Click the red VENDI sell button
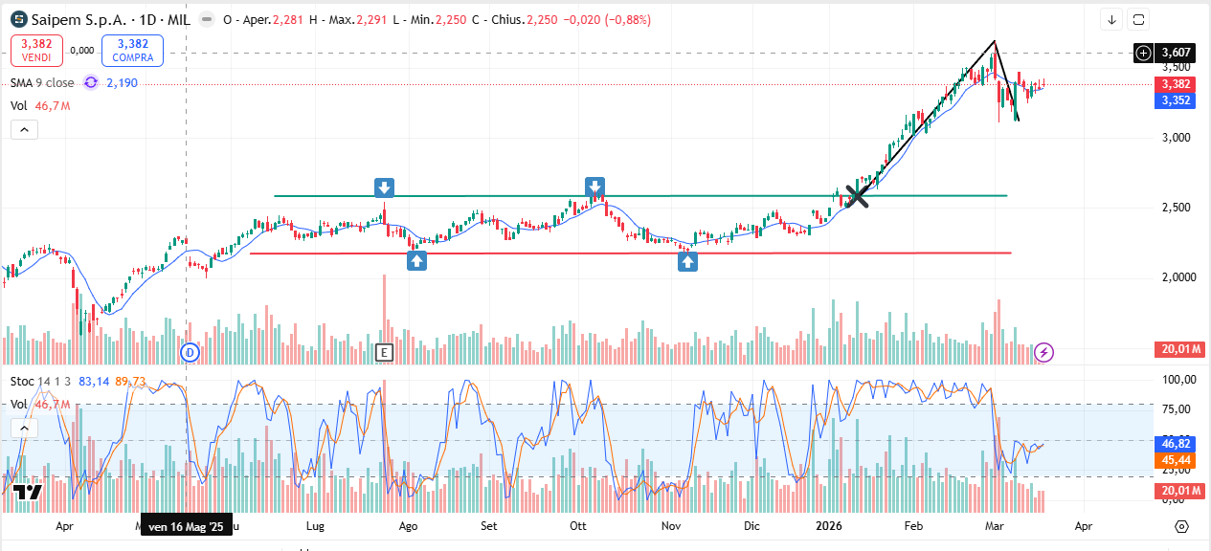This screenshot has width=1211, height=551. click(x=36, y=50)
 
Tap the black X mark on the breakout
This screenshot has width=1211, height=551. click(x=857, y=196)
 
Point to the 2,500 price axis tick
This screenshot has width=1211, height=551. click(x=1175, y=208)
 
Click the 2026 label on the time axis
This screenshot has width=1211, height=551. click(x=828, y=526)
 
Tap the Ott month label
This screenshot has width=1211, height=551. click(x=577, y=526)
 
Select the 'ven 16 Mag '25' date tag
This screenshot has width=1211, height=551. click(x=187, y=526)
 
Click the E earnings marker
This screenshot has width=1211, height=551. click(x=384, y=352)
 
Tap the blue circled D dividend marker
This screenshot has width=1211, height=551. click(x=190, y=352)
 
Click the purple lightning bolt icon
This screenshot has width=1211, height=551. click(x=1044, y=352)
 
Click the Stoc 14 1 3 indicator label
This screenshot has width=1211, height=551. click(x=40, y=382)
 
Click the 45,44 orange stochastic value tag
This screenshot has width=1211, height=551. click(x=1176, y=460)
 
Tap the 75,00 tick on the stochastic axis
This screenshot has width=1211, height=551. click(x=1176, y=409)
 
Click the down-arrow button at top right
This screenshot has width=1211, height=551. click(x=1111, y=19)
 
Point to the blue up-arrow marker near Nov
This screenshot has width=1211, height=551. click(x=687, y=261)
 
